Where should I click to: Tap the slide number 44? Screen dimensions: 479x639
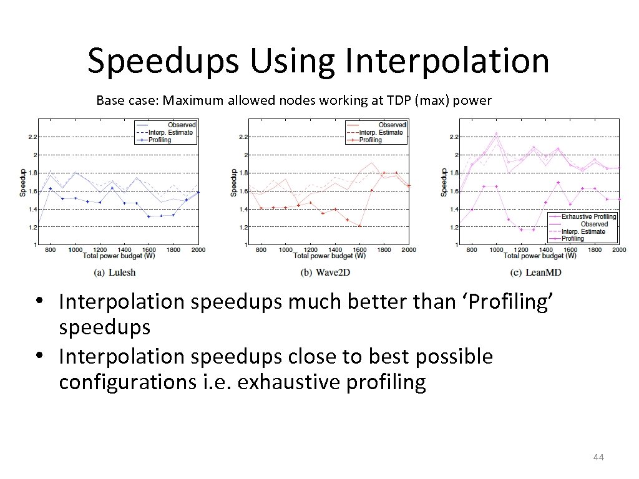[598, 458]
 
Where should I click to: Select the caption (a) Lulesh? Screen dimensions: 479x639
[114, 272]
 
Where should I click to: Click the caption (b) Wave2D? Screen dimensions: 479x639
[324, 272]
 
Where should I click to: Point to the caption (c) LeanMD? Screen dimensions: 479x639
[535, 272]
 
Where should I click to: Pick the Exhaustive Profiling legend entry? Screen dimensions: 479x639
[588, 216]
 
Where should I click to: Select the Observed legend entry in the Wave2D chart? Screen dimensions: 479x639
[391, 125]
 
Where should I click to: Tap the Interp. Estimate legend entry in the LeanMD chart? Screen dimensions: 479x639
[584, 231]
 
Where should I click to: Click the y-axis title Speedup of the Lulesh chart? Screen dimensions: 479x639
[22, 181]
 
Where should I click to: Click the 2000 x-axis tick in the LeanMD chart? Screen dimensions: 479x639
[618, 249]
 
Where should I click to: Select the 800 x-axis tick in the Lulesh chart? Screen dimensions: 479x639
[50, 249]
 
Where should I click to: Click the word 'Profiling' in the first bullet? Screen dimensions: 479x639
[509, 302]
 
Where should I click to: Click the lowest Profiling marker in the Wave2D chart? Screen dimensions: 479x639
[359, 226]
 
